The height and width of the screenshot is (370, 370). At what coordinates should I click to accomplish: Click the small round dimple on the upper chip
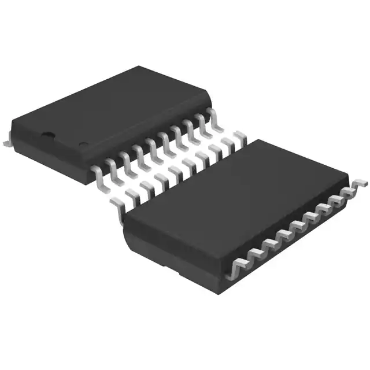point(83,144)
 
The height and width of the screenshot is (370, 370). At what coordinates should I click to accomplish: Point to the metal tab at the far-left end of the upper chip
point(6,139)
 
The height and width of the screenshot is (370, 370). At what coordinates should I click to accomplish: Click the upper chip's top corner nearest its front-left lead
point(89,164)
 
